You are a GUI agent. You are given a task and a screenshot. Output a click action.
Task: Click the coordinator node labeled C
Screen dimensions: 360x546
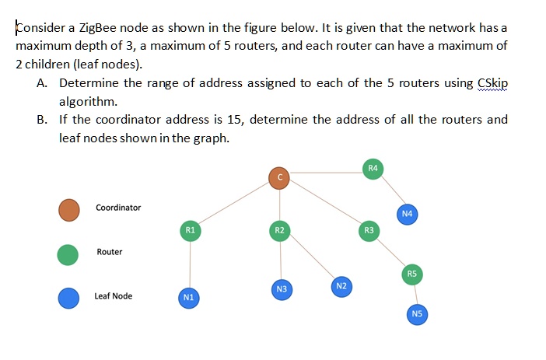click(x=280, y=178)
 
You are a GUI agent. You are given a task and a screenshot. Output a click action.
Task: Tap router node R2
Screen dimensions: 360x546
click(x=280, y=230)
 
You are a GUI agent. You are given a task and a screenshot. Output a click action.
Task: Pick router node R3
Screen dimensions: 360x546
click(x=369, y=230)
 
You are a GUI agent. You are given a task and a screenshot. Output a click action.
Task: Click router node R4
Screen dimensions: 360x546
click(x=373, y=168)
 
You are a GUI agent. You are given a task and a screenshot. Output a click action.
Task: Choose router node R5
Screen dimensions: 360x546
click(x=412, y=274)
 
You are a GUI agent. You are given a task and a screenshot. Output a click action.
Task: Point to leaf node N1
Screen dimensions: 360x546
click(x=187, y=297)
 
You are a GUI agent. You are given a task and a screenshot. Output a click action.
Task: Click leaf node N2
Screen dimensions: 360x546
click(x=341, y=286)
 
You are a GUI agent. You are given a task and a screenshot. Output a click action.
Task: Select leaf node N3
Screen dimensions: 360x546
click(x=282, y=289)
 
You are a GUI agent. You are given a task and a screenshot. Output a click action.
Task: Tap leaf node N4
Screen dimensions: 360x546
click(x=407, y=213)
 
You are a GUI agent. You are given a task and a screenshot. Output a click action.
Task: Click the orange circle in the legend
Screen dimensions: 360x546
click(x=69, y=208)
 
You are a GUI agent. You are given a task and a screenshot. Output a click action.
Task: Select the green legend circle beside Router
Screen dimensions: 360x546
click(x=69, y=253)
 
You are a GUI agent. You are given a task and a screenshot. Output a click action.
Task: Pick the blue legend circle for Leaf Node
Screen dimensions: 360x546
click(x=69, y=297)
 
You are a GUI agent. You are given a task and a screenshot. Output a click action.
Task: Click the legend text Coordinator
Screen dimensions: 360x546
click(x=118, y=208)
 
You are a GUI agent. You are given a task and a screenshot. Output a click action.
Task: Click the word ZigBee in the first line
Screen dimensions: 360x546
click(x=103, y=28)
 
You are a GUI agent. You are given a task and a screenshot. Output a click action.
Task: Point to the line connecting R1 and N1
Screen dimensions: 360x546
click(x=189, y=264)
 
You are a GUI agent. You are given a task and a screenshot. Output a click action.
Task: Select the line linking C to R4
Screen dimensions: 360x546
click(x=327, y=173)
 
